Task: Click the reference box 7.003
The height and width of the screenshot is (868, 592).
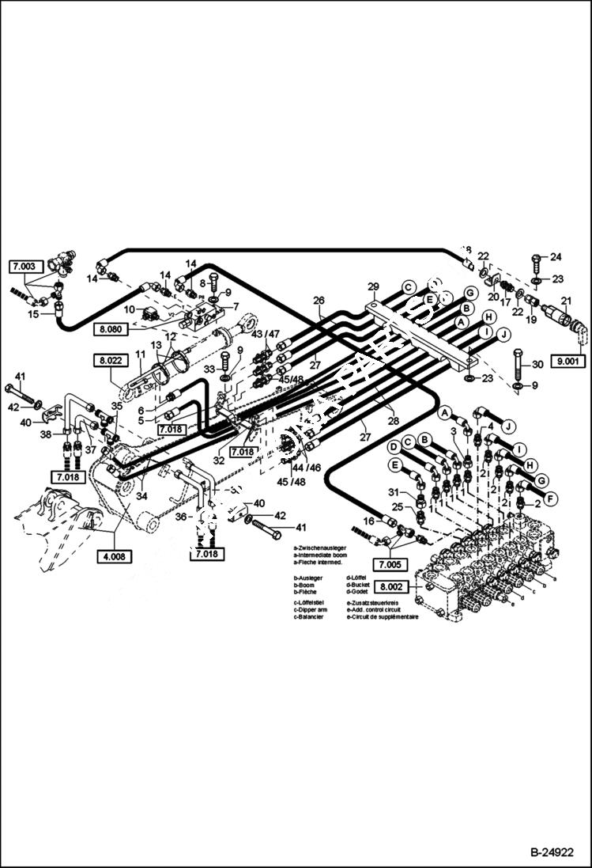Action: (x=23, y=267)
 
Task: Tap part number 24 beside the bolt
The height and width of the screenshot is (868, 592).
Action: (x=556, y=256)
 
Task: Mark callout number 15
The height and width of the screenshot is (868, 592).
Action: (x=33, y=315)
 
